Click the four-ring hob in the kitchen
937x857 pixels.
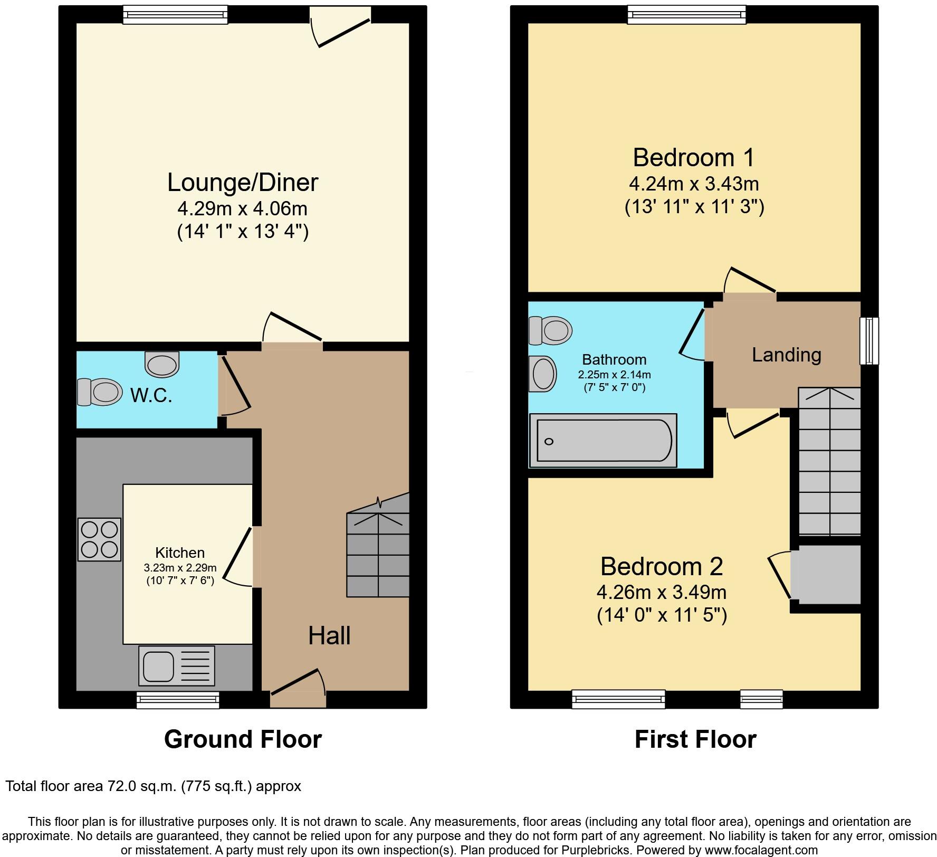point(100,539)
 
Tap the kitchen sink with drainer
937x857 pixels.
point(176,665)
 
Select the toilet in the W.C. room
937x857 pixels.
point(100,392)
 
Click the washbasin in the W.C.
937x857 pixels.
point(162,365)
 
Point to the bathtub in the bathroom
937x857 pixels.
point(603,441)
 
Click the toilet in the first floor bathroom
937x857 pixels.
point(550,330)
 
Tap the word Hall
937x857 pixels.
point(329,636)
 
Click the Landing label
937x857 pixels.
point(786,355)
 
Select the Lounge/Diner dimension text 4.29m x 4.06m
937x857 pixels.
point(242,209)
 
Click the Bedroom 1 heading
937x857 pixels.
point(694,157)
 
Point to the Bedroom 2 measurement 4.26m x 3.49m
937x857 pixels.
point(661,592)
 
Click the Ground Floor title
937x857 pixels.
point(243,739)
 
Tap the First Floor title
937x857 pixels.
point(695,739)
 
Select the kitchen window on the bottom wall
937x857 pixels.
point(178,700)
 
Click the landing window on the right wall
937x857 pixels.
point(869,340)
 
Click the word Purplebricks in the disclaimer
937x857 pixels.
point(599,850)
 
